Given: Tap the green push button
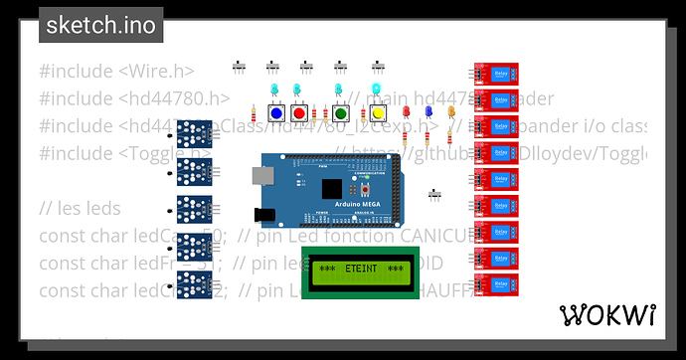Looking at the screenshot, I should pyautogui.click(x=341, y=114).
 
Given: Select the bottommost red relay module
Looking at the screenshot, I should pyautogui.click(x=494, y=283).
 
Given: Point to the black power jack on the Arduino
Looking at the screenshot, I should pyautogui.click(x=265, y=213).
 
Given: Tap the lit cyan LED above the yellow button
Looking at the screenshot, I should pyautogui.click(x=376, y=90).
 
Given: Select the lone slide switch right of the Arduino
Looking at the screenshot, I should pyautogui.click(x=434, y=193).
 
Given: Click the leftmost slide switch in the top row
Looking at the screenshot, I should pyautogui.click(x=239, y=67).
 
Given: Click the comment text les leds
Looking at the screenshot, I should pyautogui.click(x=80, y=209).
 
